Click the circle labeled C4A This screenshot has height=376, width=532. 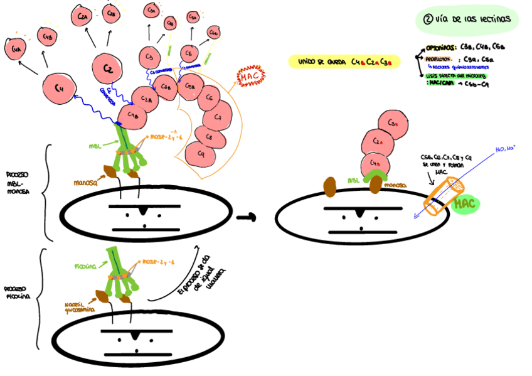coord(16,47)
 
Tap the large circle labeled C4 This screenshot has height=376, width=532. coord(58,89)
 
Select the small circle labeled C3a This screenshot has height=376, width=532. coord(151,11)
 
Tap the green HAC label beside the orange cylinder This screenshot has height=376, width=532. coord(465,203)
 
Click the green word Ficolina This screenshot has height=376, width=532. coord(85,266)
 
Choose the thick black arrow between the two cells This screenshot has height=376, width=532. coord(247,217)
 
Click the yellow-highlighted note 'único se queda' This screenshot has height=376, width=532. coord(344,62)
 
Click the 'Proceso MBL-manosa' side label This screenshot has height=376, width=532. coord(19,183)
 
